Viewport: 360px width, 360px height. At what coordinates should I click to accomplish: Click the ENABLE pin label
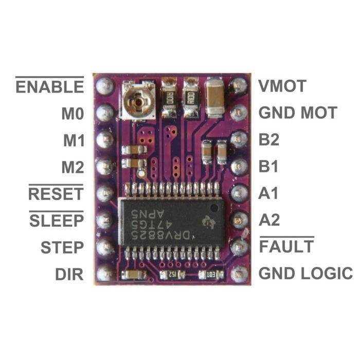coord(49,86)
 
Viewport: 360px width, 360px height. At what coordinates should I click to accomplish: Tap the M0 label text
coord(72,113)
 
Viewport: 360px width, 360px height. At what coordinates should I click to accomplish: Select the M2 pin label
coord(72,167)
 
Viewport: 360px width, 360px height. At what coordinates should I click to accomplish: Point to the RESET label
coord(56,194)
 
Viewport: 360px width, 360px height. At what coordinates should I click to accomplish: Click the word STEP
coord(62,247)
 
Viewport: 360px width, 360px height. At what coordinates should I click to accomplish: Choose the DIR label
coord(69,274)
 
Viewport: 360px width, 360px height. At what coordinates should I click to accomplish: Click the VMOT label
coord(282,86)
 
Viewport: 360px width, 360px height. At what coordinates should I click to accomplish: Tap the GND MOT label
coord(297,113)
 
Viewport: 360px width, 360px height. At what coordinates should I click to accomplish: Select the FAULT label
coord(286,247)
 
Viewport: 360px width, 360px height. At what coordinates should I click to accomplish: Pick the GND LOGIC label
coord(305,274)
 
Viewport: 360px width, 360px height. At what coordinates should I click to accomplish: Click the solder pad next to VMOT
coord(238,85)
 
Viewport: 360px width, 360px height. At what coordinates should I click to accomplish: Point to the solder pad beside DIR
coord(105,273)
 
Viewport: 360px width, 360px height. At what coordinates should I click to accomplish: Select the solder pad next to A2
coord(238,220)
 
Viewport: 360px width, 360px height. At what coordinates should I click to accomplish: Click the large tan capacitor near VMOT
coord(215,98)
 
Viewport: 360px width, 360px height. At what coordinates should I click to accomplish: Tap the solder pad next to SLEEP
coord(105,220)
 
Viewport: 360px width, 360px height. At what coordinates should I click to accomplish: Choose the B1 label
coord(269,167)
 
